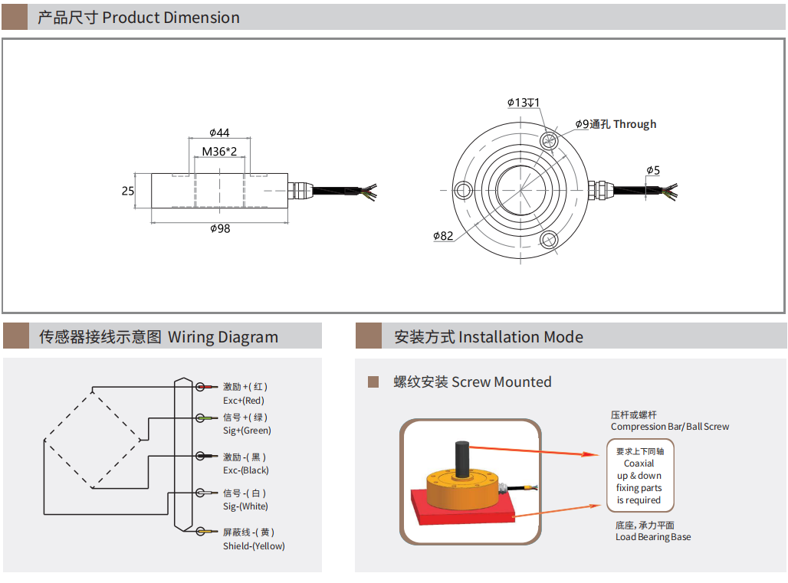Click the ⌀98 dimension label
point(220,228)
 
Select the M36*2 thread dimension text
point(219,152)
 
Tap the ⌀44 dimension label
point(219,133)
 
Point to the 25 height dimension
point(128,191)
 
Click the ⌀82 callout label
point(443,236)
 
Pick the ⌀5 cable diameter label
point(653,170)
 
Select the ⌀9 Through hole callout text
point(616,124)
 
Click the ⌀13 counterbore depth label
point(524,103)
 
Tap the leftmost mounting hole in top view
point(464,189)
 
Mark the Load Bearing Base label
point(652,537)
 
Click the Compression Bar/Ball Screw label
point(669,426)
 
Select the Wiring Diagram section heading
point(159,337)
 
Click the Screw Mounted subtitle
point(472,382)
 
